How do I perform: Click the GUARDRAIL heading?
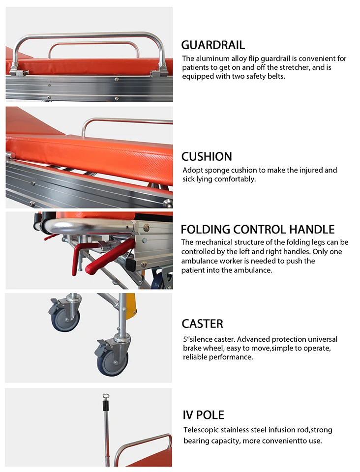click(213, 45)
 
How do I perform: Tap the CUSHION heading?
click(207, 157)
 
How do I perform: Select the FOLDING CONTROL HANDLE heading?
click(258, 230)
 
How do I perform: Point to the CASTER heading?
click(202, 324)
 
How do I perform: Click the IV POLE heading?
click(203, 415)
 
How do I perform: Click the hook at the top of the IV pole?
click(105, 396)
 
